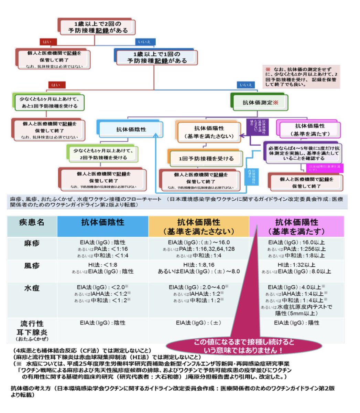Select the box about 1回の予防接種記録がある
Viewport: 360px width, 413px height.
point(157,57)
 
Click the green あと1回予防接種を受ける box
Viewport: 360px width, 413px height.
point(48,103)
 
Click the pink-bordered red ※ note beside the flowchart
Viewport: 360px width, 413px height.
point(301,77)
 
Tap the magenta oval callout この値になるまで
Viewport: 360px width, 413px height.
point(244,346)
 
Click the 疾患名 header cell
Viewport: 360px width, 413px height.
point(32,222)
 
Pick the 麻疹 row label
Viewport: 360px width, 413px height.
point(32,244)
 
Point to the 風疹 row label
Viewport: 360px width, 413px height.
point(32,266)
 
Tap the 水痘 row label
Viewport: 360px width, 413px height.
point(32,288)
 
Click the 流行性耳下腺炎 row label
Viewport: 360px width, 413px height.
point(32,330)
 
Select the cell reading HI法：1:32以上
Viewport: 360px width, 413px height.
point(296,268)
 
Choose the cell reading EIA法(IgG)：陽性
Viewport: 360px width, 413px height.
point(296,323)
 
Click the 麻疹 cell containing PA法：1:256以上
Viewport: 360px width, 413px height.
point(296,249)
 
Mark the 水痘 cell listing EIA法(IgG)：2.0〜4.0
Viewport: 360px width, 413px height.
point(199,294)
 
